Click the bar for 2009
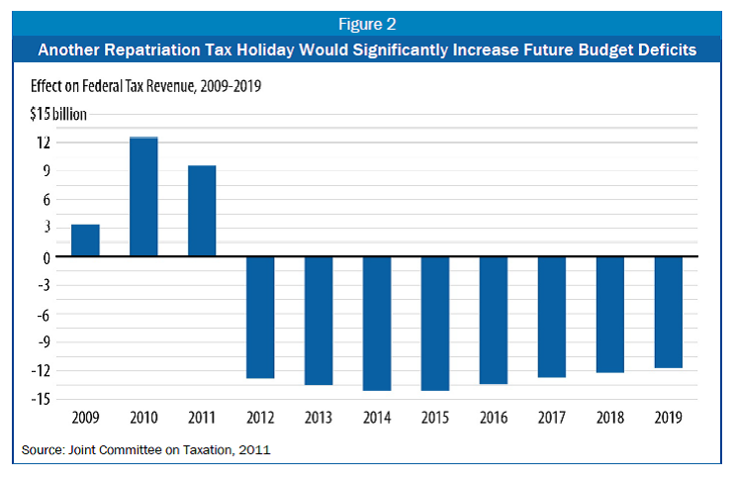pyautogui.click(x=85, y=240)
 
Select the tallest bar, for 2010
pyautogui.click(x=143, y=197)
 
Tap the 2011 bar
pyautogui.click(x=202, y=211)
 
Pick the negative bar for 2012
pyautogui.click(x=260, y=318)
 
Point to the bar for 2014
pyautogui.click(x=377, y=324)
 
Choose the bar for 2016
pyautogui.click(x=494, y=321)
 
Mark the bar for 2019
pyautogui.click(x=669, y=313)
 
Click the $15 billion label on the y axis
pyautogui.click(x=57, y=114)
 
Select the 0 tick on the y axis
pyautogui.click(x=46, y=257)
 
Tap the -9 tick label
pyautogui.click(x=43, y=342)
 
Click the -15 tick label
pyautogui.click(x=42, y=400)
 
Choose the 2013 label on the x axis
pyautogui.click(x=319, y=419)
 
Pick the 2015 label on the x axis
pyautogui.click(x=435, y=419)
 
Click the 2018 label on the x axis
pyautogui.click(x=610, y=419)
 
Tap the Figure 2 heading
pyautogui.click(x=368, y=20)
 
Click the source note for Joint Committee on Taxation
pyautogui.click(x=144, y=451)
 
